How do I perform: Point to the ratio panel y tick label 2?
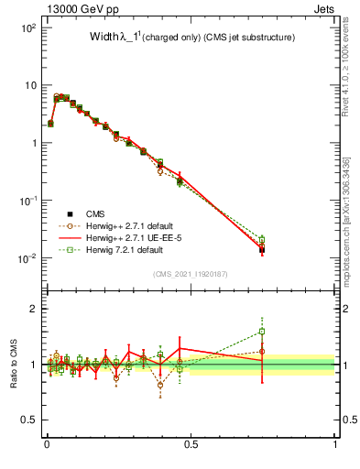[35, 309]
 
